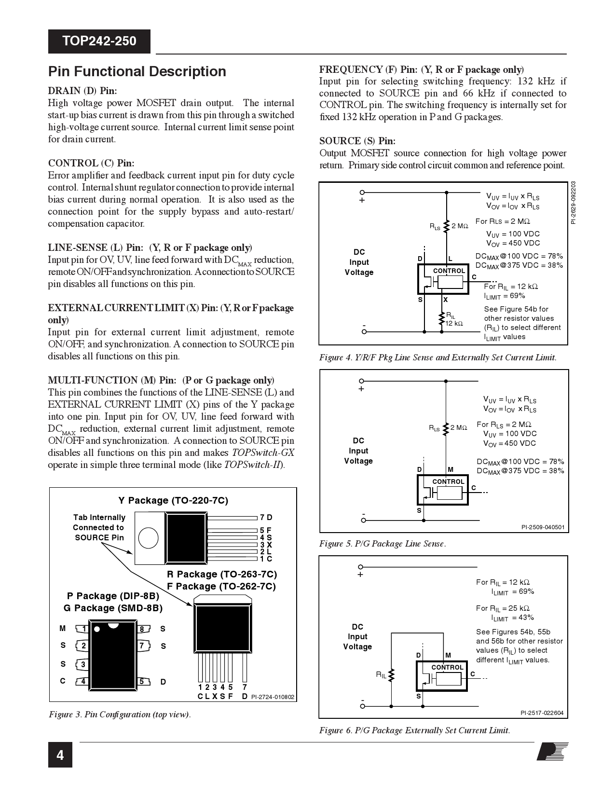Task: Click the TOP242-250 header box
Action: (x=99, y=41)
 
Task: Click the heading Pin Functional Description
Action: (x=137, y=71)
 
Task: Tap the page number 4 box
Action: (x=60, y=755)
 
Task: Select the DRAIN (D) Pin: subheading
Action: (x=82, y=91)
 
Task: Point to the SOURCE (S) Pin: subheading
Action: (x=357, y=141)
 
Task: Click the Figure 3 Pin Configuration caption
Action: (x=120, y=714)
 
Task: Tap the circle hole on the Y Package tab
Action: (x=148, y=537)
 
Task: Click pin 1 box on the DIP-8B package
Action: (x=84, y=629)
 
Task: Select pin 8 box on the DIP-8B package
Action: (x=142, y=629)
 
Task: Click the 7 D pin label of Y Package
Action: (x=266, y=518)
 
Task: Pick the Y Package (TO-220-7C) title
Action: (x=173, y=500)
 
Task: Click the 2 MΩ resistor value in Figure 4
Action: (x=460, y=226)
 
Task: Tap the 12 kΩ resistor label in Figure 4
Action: (x=454, y=323)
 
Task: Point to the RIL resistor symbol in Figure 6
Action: (x=392, y=675)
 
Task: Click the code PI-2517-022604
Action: (x=542, y=713)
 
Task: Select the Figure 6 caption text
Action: (x=414, y=730)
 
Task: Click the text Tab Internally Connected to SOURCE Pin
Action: (x=99, y=527)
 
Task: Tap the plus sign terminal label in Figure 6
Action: (x=360, y=575)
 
